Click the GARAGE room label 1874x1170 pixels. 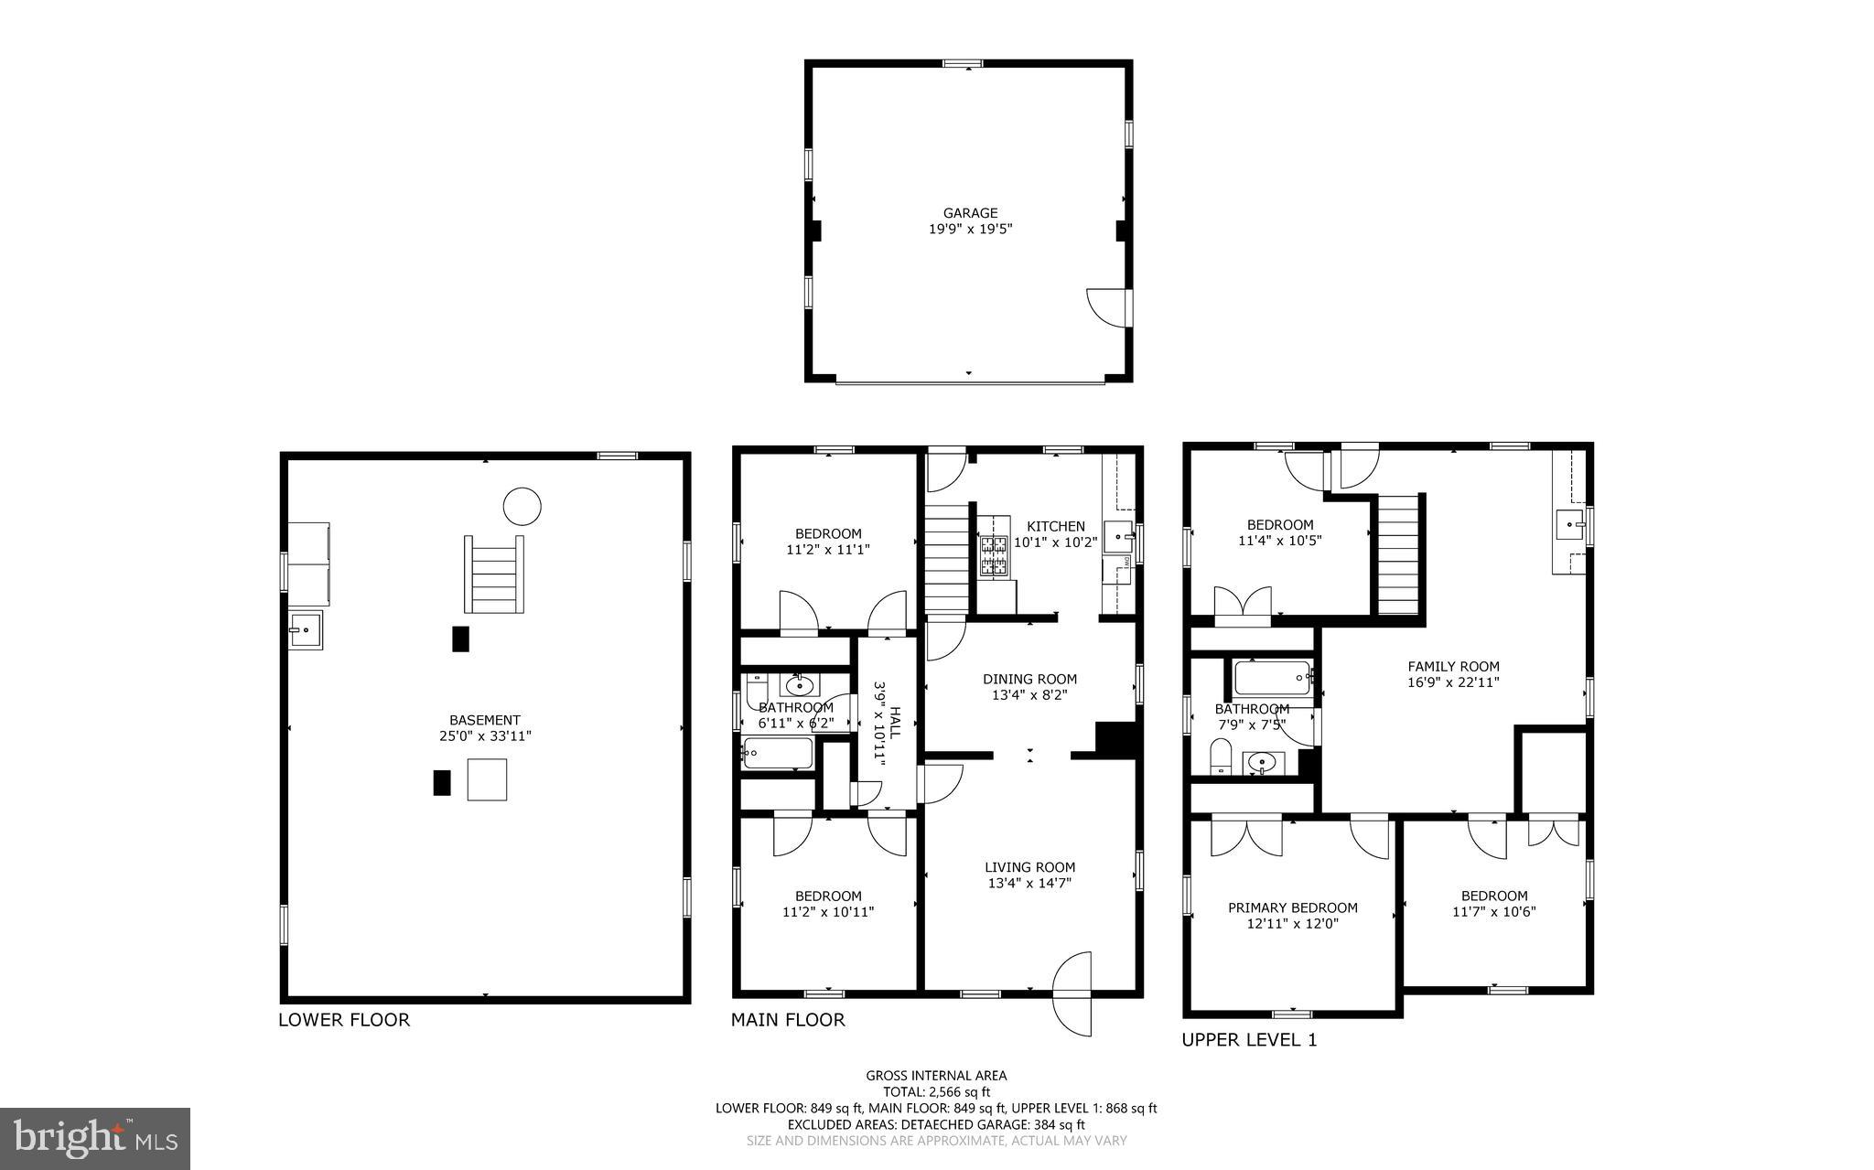[970, 213]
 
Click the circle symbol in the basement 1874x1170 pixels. [522, 506]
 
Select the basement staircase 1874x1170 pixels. [494, 574]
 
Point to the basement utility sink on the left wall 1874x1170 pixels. [305, 629]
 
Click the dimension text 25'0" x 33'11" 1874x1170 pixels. [485, 735]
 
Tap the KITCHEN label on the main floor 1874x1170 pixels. [1055, 526]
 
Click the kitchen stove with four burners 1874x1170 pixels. [994, 557]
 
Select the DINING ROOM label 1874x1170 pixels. [1029, 679]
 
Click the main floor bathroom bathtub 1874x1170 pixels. [778, 753]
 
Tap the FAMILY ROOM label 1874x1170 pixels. [1453, 667]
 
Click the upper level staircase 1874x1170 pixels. [1397, 554]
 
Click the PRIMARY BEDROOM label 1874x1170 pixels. [1292, 907]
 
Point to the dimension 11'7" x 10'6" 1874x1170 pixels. [1493, 911]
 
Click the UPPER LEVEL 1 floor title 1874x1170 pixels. [1248, 1040]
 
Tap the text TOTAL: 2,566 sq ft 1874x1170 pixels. [936, 1091]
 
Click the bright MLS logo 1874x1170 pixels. [95, 1138]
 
